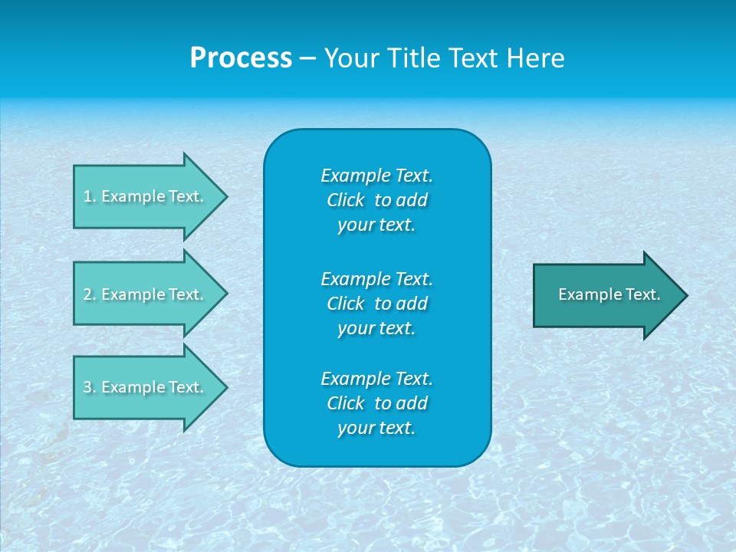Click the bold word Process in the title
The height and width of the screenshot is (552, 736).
point(241,58)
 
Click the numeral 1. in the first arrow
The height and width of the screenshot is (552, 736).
point(89,196)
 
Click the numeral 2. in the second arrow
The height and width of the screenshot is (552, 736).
point(89,294)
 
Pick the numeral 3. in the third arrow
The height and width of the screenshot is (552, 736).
point(89,387)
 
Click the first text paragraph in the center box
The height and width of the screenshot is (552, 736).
point(376,200)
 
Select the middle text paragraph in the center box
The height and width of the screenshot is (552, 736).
point(376,303)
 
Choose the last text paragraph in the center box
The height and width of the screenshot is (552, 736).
point(376,403)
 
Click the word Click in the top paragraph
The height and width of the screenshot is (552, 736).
point(345,200)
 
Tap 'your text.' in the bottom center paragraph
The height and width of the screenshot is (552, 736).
point(376,428)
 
